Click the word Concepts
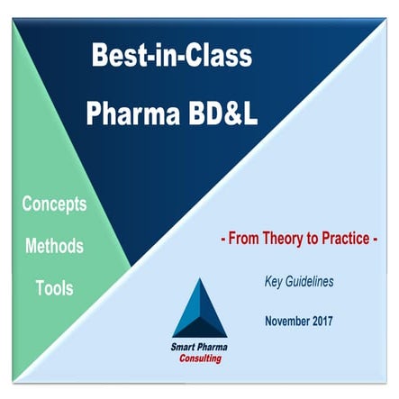[x=55, y=204]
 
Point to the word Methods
[x=54, y=246]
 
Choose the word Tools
[x=55, y=289]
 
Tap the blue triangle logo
[x=199, y=309]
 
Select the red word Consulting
[x=200, y=358]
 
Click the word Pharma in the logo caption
[x=213, y=347]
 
